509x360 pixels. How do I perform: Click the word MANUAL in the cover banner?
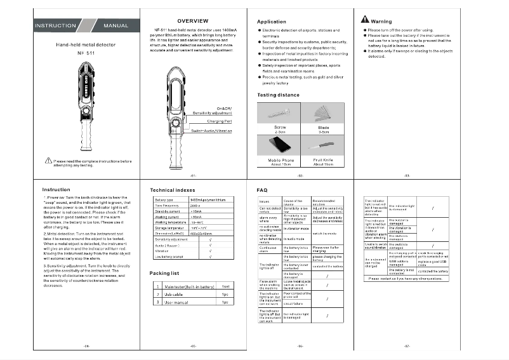click(x=114, y=26)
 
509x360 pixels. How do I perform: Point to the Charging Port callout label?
click(x=220, y=121)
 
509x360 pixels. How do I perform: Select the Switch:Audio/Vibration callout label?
click(x=211, y=131)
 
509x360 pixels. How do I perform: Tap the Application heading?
click(x=271, y=22)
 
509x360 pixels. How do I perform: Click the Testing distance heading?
click(x=278, y=95)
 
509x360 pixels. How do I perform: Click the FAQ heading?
click(x=261, y=190)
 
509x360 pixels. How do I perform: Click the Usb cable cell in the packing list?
click(x=174, y=295)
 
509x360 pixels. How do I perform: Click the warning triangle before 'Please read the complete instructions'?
click(x=48, y=161)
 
